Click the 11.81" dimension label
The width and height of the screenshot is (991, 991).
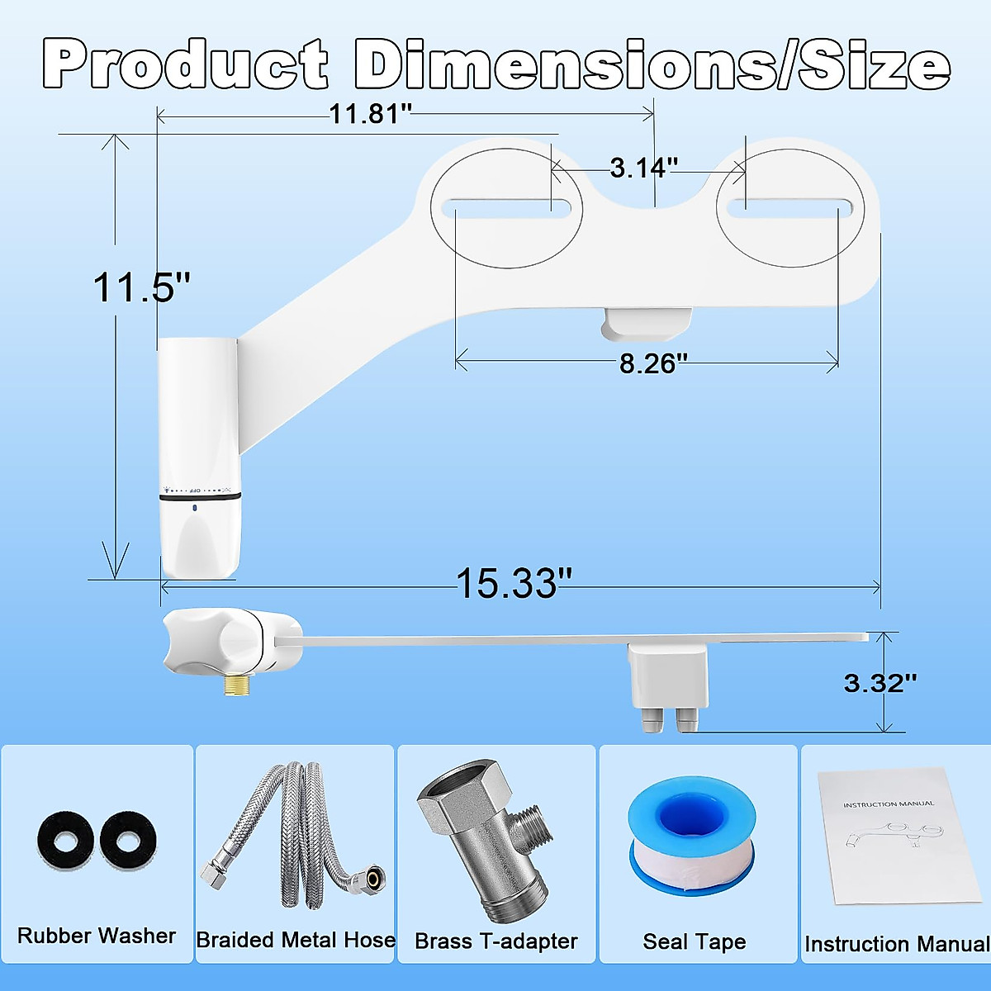click(369, 114)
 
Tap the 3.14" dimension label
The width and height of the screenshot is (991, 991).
click(643, 168)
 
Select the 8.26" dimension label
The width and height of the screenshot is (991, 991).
click(653, 363)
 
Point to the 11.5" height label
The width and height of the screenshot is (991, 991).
click(141, 288)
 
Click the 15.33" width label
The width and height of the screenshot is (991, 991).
click(513, 584)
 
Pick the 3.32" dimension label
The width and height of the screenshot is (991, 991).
click(880, 683)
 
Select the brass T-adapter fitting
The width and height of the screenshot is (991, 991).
click(487, 842)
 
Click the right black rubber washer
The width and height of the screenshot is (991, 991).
click(128, 841)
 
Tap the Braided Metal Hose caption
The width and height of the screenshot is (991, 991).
click(296, 940)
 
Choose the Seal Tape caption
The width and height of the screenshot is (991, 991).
click(694, 941)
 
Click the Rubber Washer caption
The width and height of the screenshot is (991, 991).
click(97, 936)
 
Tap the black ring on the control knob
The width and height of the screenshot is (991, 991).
click(200, 496)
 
